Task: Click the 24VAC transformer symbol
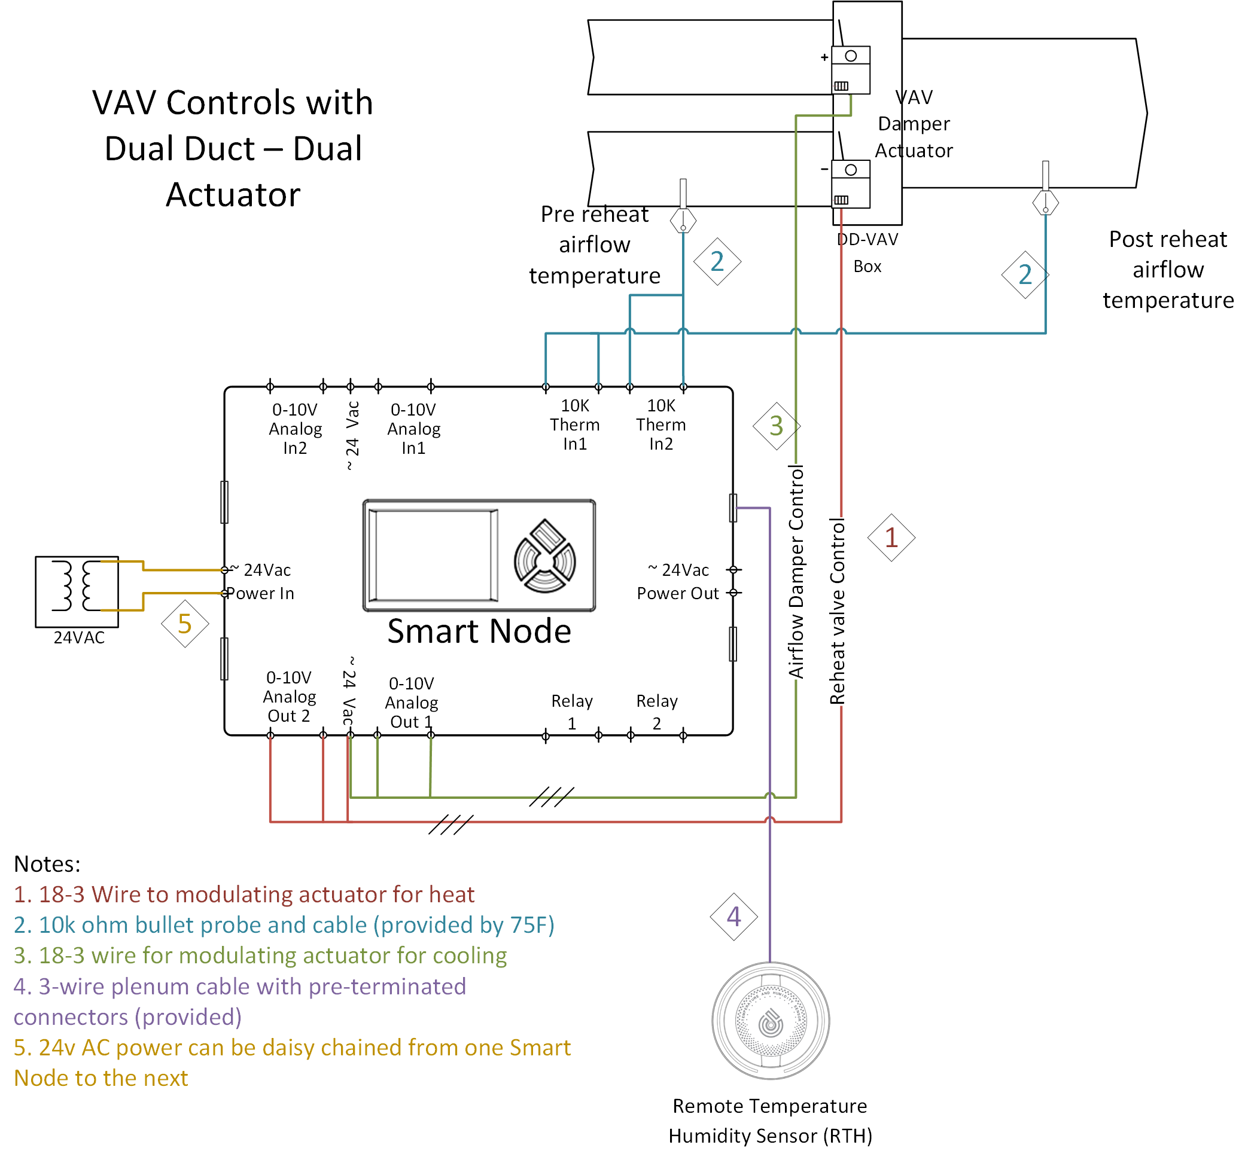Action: (x=77, y=591)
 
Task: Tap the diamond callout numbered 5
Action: (x=184, y=624)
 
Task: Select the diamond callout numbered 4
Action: (x=733, y=917)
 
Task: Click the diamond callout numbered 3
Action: (x=776, y=426)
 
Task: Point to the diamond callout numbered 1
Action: (x=891, y=538)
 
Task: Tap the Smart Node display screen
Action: (x=433, y=555)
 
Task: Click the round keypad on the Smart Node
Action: (x=544, y=556)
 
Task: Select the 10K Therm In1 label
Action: (x=574, y=425)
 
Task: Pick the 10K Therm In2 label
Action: (x=660, y=425)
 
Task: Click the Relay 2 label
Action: (x=657, y=712)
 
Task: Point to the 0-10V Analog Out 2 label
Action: (x=289, y=697)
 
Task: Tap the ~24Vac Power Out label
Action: (x=678, y=582)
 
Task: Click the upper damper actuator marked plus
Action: (x=851, y=69)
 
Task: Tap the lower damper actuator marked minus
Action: (x=851, y=184)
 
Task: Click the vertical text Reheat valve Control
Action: (x=838, y=611)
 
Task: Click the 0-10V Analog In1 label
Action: (x=413, y=429)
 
